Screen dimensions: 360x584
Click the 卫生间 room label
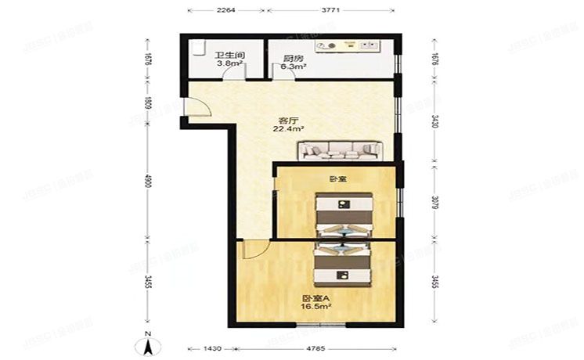point(230,56)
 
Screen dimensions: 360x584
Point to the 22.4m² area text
point(288,131)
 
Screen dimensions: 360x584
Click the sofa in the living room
point(339,149)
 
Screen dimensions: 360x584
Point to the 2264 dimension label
point(227,12)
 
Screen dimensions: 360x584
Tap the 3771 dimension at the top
point(330,12)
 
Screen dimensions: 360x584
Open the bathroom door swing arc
point(233,72)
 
